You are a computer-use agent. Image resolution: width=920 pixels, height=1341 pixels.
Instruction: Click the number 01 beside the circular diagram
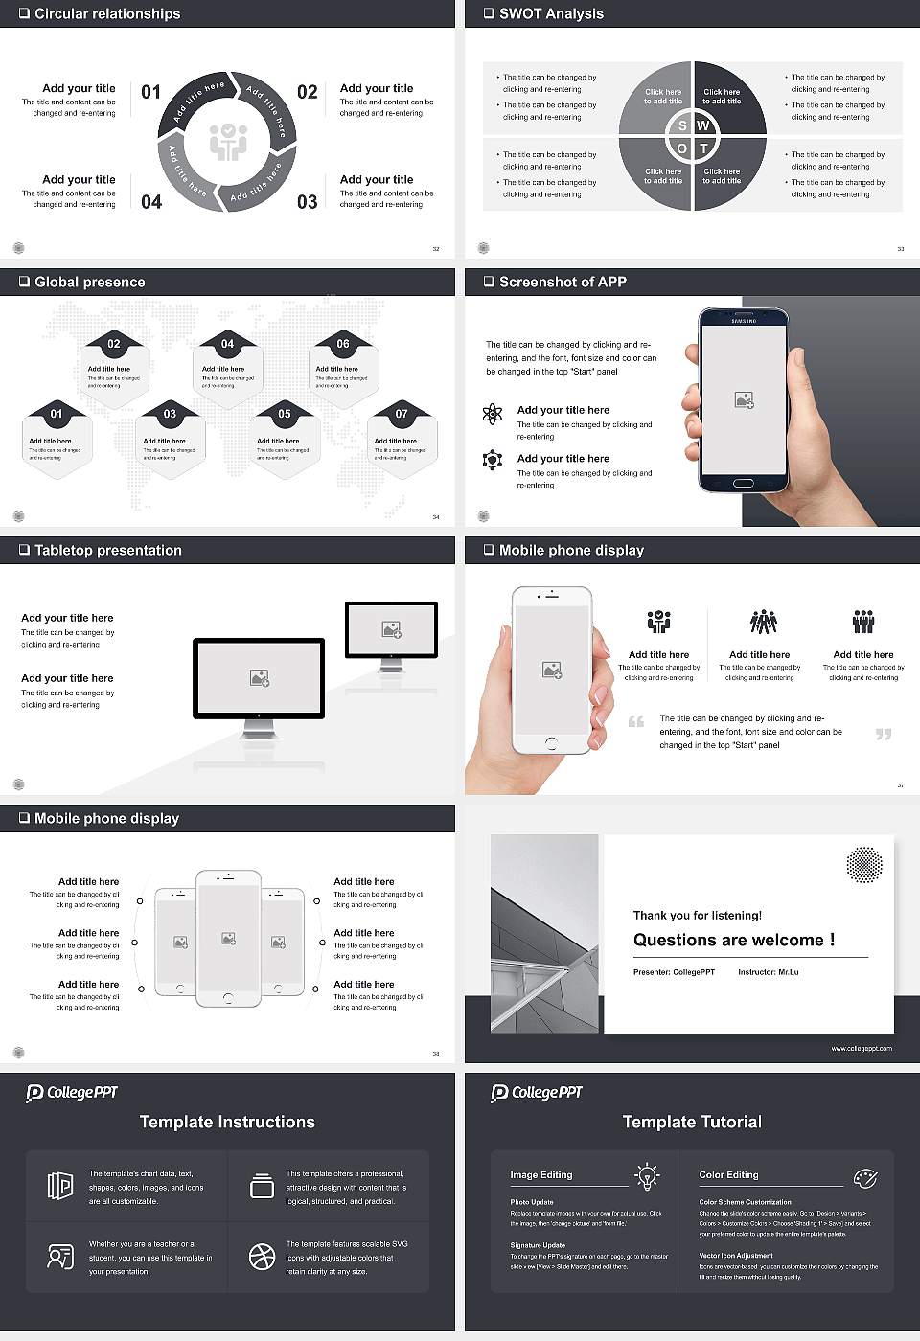tap(151, 92)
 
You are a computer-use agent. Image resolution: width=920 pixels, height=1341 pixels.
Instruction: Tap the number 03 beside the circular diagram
tap(307, 202)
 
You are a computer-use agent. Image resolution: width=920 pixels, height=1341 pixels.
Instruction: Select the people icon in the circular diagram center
tap(228, 142)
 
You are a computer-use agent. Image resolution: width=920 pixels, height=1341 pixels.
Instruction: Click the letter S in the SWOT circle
tap(682, 125)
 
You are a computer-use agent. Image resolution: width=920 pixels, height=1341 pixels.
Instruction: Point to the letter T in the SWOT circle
tap(703, 148)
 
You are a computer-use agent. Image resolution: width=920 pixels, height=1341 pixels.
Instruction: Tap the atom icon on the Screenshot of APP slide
tap(493, 413)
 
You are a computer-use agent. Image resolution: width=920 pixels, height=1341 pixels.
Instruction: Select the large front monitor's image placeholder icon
tap(259, 678)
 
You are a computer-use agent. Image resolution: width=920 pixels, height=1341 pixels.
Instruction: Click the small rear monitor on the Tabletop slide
tap(391, 630)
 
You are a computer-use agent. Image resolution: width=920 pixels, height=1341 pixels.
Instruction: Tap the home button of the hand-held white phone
tap(551, 743)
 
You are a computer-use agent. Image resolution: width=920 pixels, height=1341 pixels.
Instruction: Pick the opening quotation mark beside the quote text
tap(635, 721)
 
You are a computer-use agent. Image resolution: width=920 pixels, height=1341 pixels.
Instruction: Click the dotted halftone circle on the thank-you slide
tap(864, 864)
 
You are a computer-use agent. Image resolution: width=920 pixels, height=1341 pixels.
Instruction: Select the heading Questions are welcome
tap(733, 940)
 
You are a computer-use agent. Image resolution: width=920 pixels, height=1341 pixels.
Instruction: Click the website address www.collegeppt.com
tap(861, 1048)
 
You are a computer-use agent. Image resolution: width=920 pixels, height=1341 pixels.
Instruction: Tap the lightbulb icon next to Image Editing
tap(647, 1175)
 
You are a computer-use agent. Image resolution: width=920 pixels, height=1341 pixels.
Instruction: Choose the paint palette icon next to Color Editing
tap(864, 1177)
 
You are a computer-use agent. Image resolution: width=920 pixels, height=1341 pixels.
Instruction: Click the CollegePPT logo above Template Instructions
tap(72, 1093)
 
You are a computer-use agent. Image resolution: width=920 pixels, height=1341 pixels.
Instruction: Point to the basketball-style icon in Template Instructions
tap(262, 1257)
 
